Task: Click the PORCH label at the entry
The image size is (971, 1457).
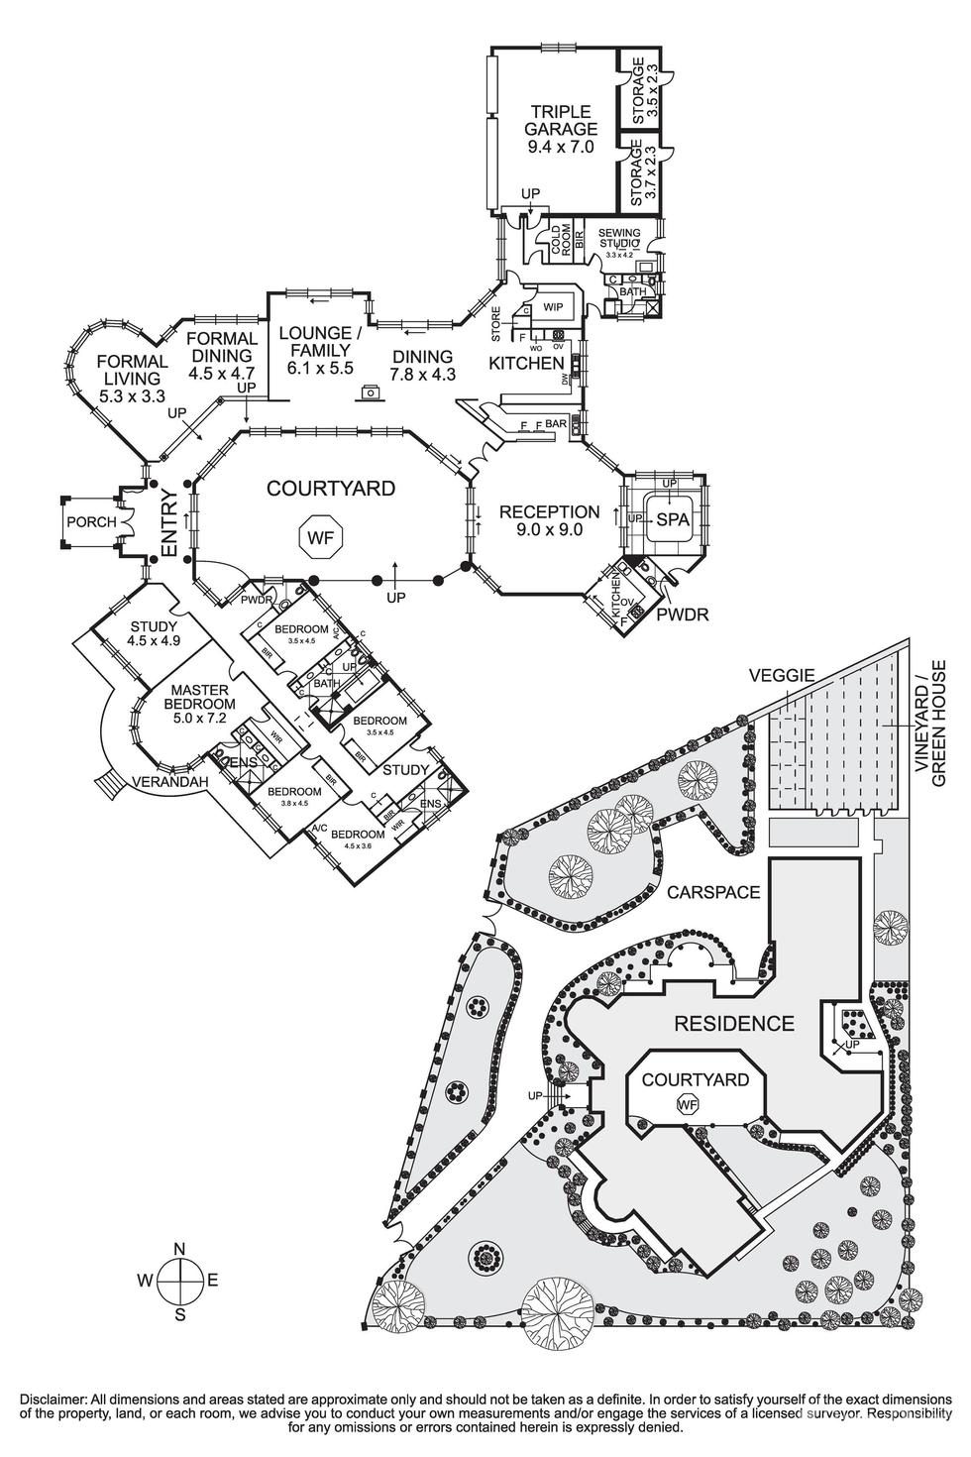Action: tap(91, 522)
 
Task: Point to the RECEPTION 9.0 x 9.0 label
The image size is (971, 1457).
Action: tap(549, 520)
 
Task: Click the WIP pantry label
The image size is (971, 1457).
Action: tap(552, 308)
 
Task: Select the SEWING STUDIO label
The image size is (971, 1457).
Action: tap(620, 240)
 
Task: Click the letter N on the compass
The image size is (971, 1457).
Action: tap(179, 1249)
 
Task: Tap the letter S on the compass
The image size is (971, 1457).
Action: tap(179, 1314)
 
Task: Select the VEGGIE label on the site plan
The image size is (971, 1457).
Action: tap(781, 675)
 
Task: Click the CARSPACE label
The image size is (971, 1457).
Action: tap(713, 892)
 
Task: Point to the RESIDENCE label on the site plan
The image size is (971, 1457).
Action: tap(734, 1024)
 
